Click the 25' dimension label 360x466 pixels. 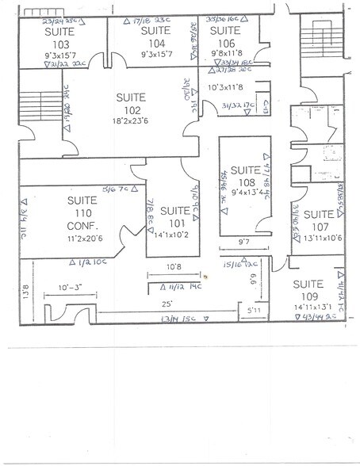pos(168,304)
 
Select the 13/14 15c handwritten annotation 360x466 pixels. pos(179,319)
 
